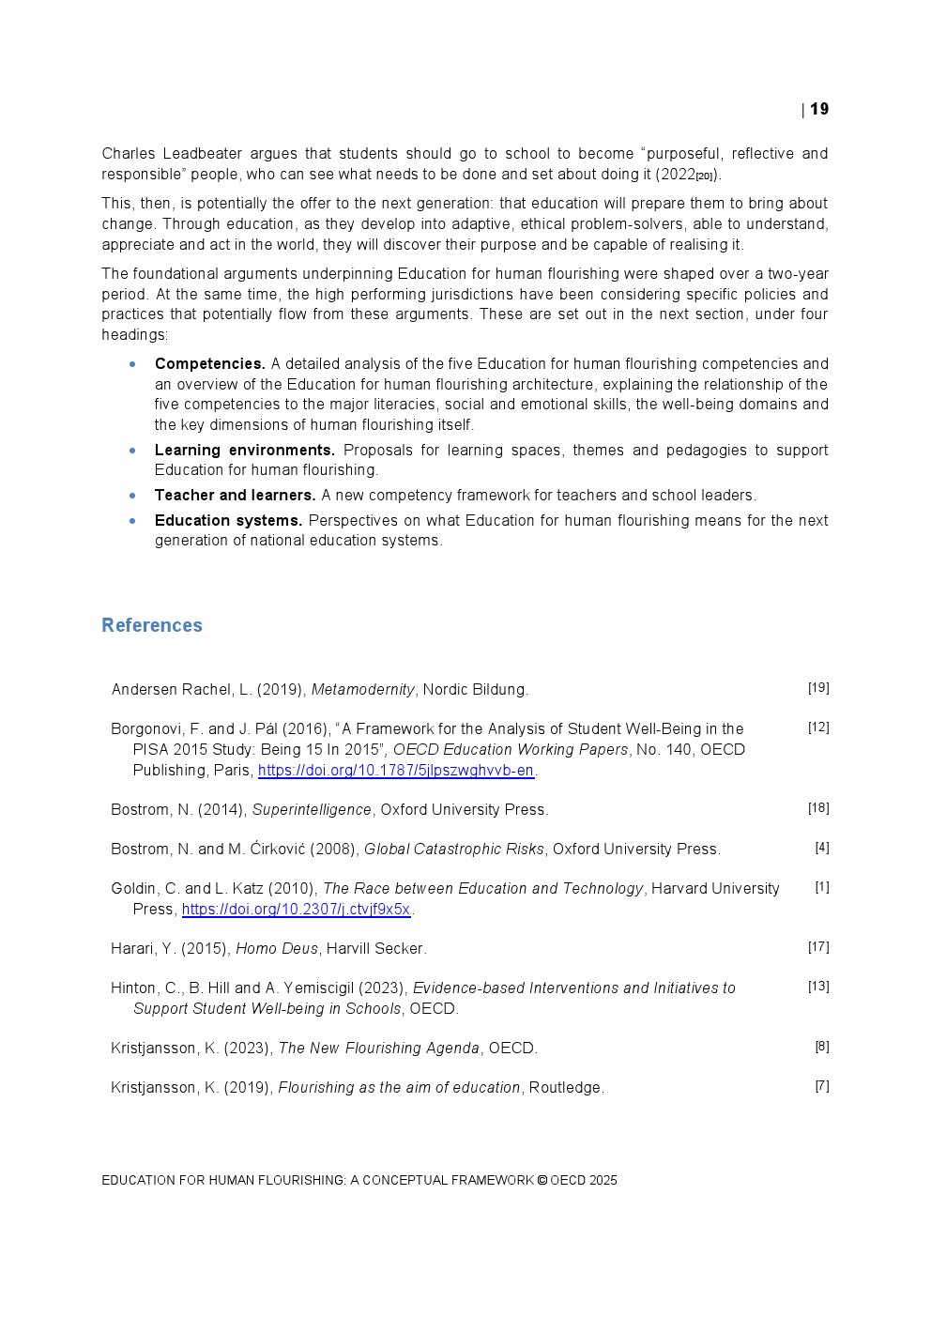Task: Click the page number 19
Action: click(x=819, y=109)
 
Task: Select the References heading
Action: click(x=152, y=625)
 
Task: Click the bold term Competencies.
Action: click(x=209, y=363)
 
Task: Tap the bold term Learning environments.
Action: click(x=244, y=450)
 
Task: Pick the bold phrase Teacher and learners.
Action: click(x=235, y=495)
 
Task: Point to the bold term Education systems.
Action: click(x=228, y=520)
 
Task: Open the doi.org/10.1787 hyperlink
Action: click(x=396, y=770)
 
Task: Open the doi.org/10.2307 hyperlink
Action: click(x=296, y=909)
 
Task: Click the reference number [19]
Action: click(x=818, y=688)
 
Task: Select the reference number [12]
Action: click(x=818, y=727)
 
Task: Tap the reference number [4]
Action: click(x=822, y=848)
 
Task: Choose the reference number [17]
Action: click(x=818, y=947)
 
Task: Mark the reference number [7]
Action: click(x=822, y=1086)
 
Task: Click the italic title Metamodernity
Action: click(x=362, y=690)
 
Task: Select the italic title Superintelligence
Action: click(x=312, y=809)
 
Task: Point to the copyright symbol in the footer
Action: click(x=542, y=1181)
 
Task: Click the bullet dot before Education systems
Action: click(x=133, y=520)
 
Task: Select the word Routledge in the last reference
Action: click(x=566, y=1087)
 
